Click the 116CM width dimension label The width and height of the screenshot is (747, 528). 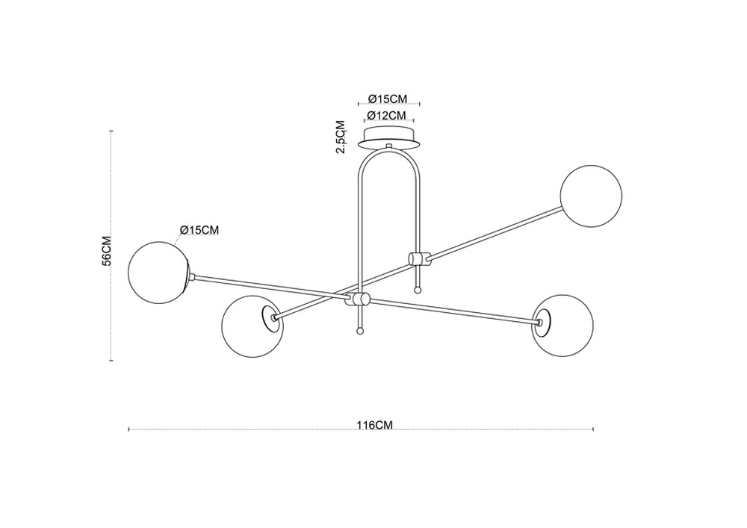click(x=374, y=425)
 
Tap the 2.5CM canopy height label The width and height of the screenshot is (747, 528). click(x=340, y=137)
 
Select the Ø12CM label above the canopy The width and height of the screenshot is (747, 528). click(x=387, y=115)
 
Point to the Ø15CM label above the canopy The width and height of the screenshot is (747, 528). click(x=388, y=99)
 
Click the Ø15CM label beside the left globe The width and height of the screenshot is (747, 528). click(x=199, y=230)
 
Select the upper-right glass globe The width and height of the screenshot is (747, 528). click(x=591, y=196)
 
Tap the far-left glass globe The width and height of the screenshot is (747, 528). click(x=160, y=271)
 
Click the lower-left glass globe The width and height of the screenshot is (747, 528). click(x=252, y=326)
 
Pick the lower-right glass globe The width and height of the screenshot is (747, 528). click(x=562, y=326)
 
